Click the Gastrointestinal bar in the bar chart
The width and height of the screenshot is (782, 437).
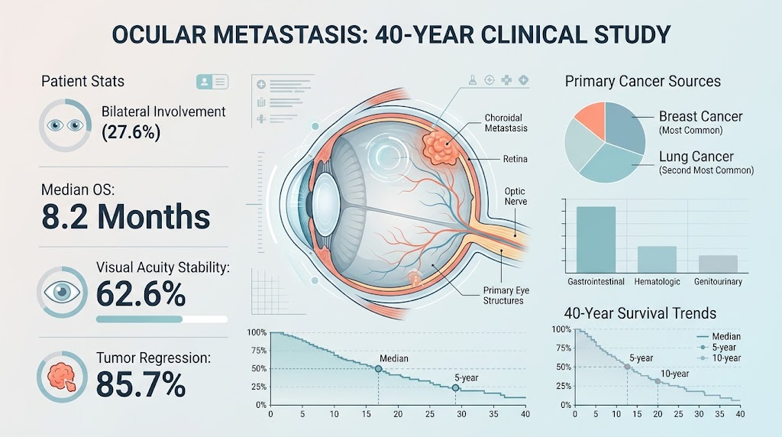coord(596,239)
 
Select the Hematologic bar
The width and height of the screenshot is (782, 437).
coord(657,260)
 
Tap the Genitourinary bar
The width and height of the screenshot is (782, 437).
coord(718,264)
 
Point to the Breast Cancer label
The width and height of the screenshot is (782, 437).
coord(701,116)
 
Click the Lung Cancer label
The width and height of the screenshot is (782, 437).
coord(696,156)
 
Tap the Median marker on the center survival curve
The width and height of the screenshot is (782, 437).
coord(379,369)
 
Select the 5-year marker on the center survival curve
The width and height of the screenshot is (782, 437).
coord(455,387)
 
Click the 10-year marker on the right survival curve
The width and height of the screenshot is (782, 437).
coord(658,381)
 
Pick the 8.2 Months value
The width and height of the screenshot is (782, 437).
coord(126,216)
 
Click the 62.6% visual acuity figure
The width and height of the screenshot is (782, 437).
coord(141,293)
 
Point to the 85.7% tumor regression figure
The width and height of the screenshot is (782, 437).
coord(141,384)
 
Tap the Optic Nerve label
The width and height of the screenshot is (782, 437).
coord(515,196)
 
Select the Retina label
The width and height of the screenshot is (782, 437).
coord(515,159)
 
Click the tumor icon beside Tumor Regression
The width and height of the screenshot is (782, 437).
coord(63,377)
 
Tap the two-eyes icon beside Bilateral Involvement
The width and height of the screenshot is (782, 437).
coord(65,125)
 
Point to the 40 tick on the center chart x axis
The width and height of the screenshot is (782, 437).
coord(525,414)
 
